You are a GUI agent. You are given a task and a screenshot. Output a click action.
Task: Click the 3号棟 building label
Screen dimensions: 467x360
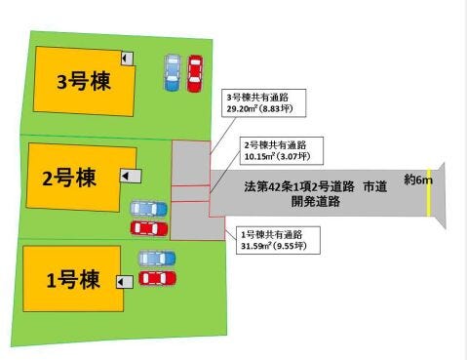84,81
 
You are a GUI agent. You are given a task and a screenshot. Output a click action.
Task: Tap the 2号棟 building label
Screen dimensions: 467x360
69,178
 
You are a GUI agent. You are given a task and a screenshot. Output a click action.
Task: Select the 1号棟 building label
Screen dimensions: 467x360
73,280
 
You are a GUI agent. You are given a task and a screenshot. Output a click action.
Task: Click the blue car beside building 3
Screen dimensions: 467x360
172,72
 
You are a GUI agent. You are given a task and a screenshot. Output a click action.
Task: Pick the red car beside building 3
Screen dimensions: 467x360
195,73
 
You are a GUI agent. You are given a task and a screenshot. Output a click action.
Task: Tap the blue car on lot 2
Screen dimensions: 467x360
149,209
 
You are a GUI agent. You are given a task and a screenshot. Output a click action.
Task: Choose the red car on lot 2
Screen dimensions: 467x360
149,228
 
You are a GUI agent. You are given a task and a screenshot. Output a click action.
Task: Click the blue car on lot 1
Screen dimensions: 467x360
157,259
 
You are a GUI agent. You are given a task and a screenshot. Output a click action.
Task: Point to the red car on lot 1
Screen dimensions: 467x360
158,279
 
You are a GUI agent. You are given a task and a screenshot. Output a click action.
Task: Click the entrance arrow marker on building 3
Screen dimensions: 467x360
127,59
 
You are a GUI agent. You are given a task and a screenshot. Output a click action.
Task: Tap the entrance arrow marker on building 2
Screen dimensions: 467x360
131,176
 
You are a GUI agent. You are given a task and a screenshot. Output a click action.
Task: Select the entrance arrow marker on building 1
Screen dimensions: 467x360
125,282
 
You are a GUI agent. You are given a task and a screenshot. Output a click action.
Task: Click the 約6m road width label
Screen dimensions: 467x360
418,180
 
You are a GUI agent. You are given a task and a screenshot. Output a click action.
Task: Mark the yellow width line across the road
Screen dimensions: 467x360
429,192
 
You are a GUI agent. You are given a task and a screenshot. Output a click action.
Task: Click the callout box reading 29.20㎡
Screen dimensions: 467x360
263,102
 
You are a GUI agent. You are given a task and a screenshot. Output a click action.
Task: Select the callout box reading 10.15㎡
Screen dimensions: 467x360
281,150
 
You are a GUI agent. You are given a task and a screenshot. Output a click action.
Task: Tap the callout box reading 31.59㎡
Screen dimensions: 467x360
278,240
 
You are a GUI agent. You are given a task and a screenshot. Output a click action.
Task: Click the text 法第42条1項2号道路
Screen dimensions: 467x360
299,187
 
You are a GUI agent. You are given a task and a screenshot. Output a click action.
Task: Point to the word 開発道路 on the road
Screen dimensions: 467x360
315,202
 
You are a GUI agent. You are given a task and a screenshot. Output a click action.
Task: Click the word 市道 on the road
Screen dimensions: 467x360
375,186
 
